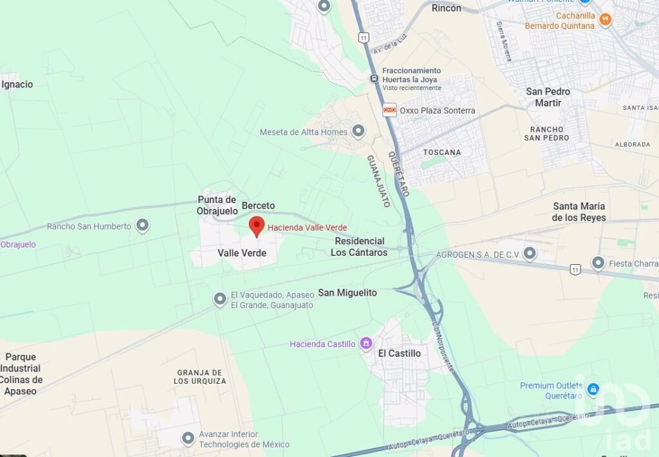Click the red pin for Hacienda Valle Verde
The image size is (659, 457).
pos(257,226)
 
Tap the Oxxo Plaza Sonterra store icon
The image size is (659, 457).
pos(389,110)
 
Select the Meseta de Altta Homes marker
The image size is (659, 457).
pos(358,132)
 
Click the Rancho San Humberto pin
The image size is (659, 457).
pos(142,226)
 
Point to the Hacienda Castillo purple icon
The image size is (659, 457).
pos(366,344)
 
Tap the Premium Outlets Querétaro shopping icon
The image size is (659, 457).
pos(593,390)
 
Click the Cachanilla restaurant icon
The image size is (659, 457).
pos(604,21)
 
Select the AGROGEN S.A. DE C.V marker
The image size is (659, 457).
pos(530,254)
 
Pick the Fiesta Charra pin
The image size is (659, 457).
pos(598,263)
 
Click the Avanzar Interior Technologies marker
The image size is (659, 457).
pos(188,439)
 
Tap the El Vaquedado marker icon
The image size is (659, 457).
pos(220,300)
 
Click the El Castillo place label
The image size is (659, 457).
pos(399,353)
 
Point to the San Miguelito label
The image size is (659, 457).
pos(348,292)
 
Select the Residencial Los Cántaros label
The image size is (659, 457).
pos(359,247)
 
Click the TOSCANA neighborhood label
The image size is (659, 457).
pos(442,152)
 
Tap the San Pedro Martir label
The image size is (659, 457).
pos(548,97)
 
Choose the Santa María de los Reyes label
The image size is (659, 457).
pos(579,211)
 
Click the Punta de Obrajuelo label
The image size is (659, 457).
pos(217,205)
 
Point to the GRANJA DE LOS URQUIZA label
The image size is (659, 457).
pos(200,377)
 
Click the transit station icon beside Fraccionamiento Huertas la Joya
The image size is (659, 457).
pos(374,78)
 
